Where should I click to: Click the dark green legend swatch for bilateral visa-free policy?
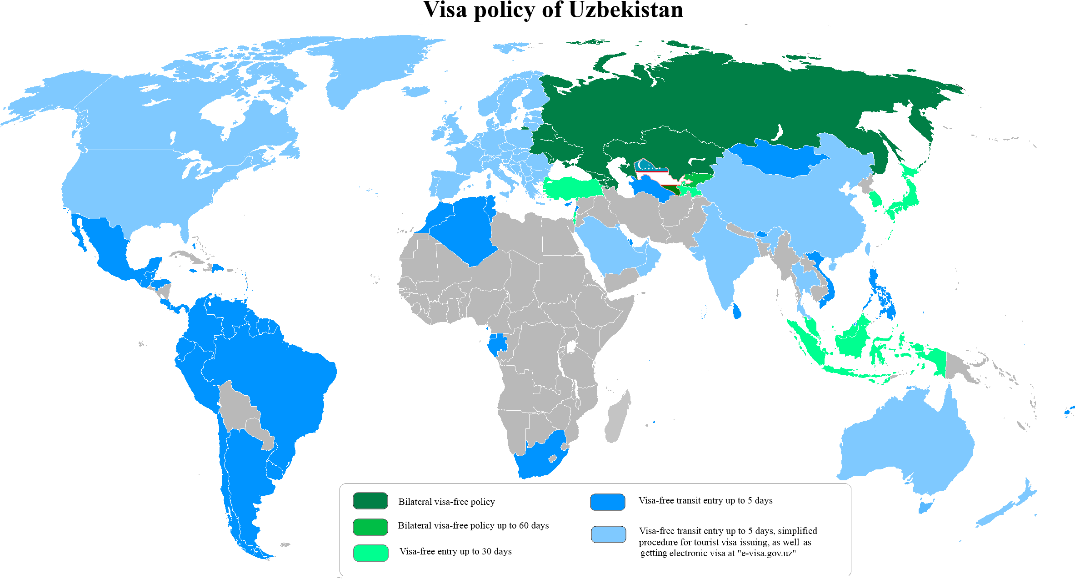coord(370,501)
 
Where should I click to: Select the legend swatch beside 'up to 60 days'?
coord(370,527)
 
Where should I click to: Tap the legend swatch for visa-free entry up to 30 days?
coord(370,553)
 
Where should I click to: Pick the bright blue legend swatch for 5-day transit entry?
coord(607,502)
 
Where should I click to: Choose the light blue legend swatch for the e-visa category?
coord(608,534)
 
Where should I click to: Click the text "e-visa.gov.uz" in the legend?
coord(766,554)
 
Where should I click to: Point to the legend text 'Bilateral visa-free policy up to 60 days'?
coord(473,526)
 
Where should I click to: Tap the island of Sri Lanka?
coord(737,312)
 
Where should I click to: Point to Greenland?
coord(364,68)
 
